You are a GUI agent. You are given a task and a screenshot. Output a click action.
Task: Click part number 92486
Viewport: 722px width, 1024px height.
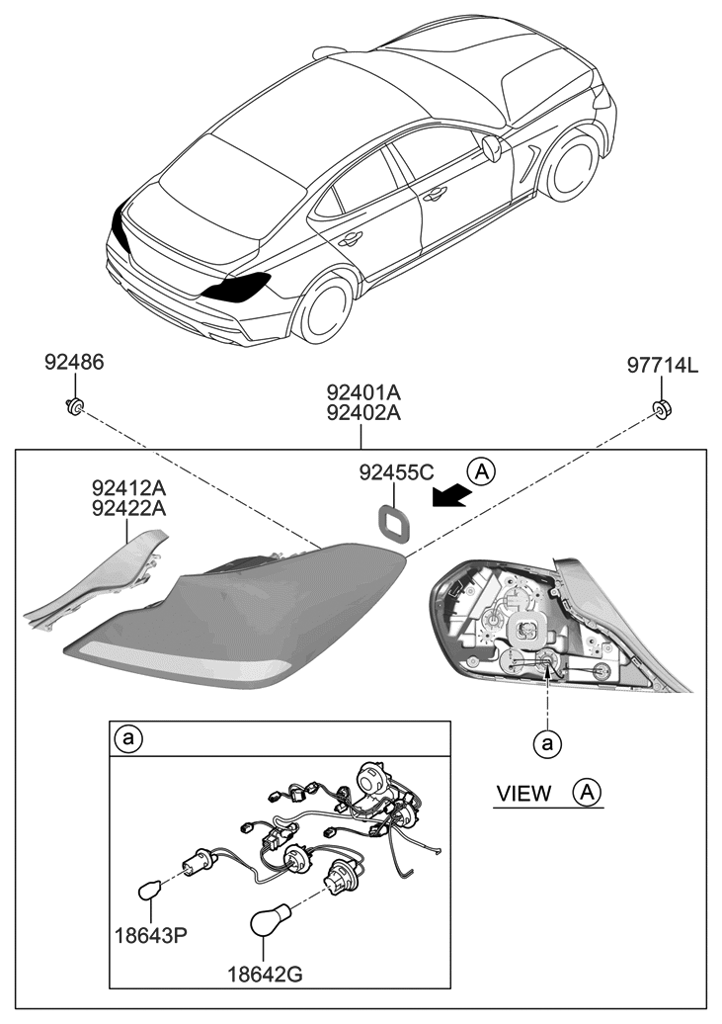pos(73,364)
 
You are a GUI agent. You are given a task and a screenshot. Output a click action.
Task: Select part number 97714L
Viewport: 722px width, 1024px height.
pos(662,367)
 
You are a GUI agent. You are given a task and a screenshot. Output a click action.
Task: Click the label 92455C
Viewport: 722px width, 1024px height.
pos(395,472)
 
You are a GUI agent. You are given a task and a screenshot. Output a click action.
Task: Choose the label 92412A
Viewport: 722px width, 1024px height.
pos(129,487)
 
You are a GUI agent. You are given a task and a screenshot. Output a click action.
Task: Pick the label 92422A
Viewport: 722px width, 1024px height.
pos(129,509)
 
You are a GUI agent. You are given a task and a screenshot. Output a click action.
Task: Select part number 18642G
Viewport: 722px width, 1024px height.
pos(264,976)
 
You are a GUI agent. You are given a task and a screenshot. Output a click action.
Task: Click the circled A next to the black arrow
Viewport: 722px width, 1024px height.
pos(481,471)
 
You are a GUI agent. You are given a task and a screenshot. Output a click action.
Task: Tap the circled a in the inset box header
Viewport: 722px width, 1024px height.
pos(126,737)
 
